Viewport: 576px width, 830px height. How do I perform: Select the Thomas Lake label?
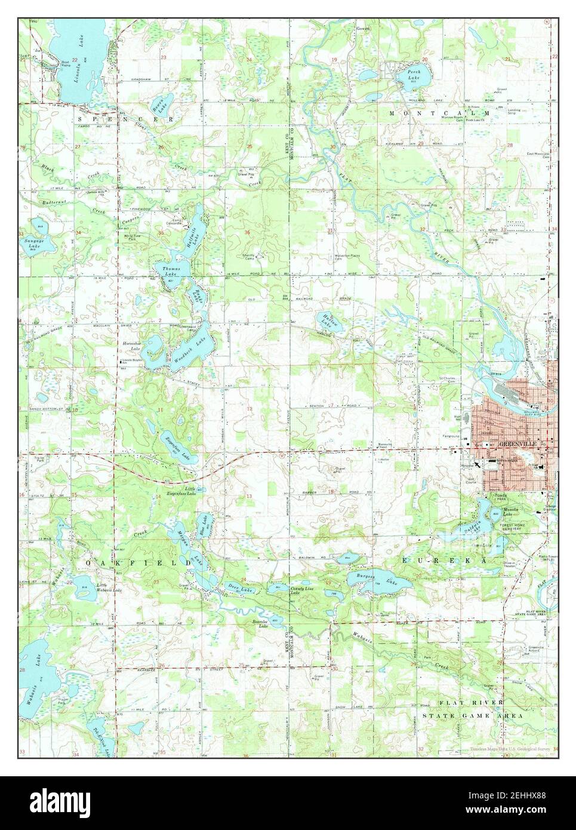170,273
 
